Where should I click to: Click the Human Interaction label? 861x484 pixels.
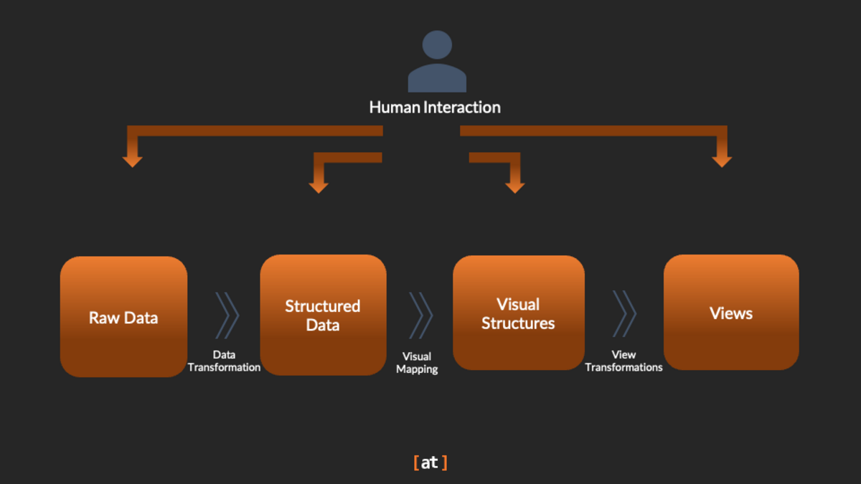(435, 108)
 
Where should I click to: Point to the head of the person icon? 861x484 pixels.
(437, 44)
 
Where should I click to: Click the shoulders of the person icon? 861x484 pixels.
(437, 79)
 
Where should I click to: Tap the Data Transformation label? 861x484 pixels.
(224, 361)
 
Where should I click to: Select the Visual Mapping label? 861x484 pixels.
(417, 363)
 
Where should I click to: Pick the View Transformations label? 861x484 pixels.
(624, 361)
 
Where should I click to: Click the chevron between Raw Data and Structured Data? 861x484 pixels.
(227, 315)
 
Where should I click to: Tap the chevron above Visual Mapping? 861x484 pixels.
(421, 315)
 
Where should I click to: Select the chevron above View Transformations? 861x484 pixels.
(624, 313)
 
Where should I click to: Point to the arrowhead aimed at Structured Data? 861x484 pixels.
(319, 186)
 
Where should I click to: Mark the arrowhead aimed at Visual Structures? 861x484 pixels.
(514, 186)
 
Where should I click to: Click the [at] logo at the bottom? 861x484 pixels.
(430, 462)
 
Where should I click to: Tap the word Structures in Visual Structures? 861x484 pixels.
(518, 323)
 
